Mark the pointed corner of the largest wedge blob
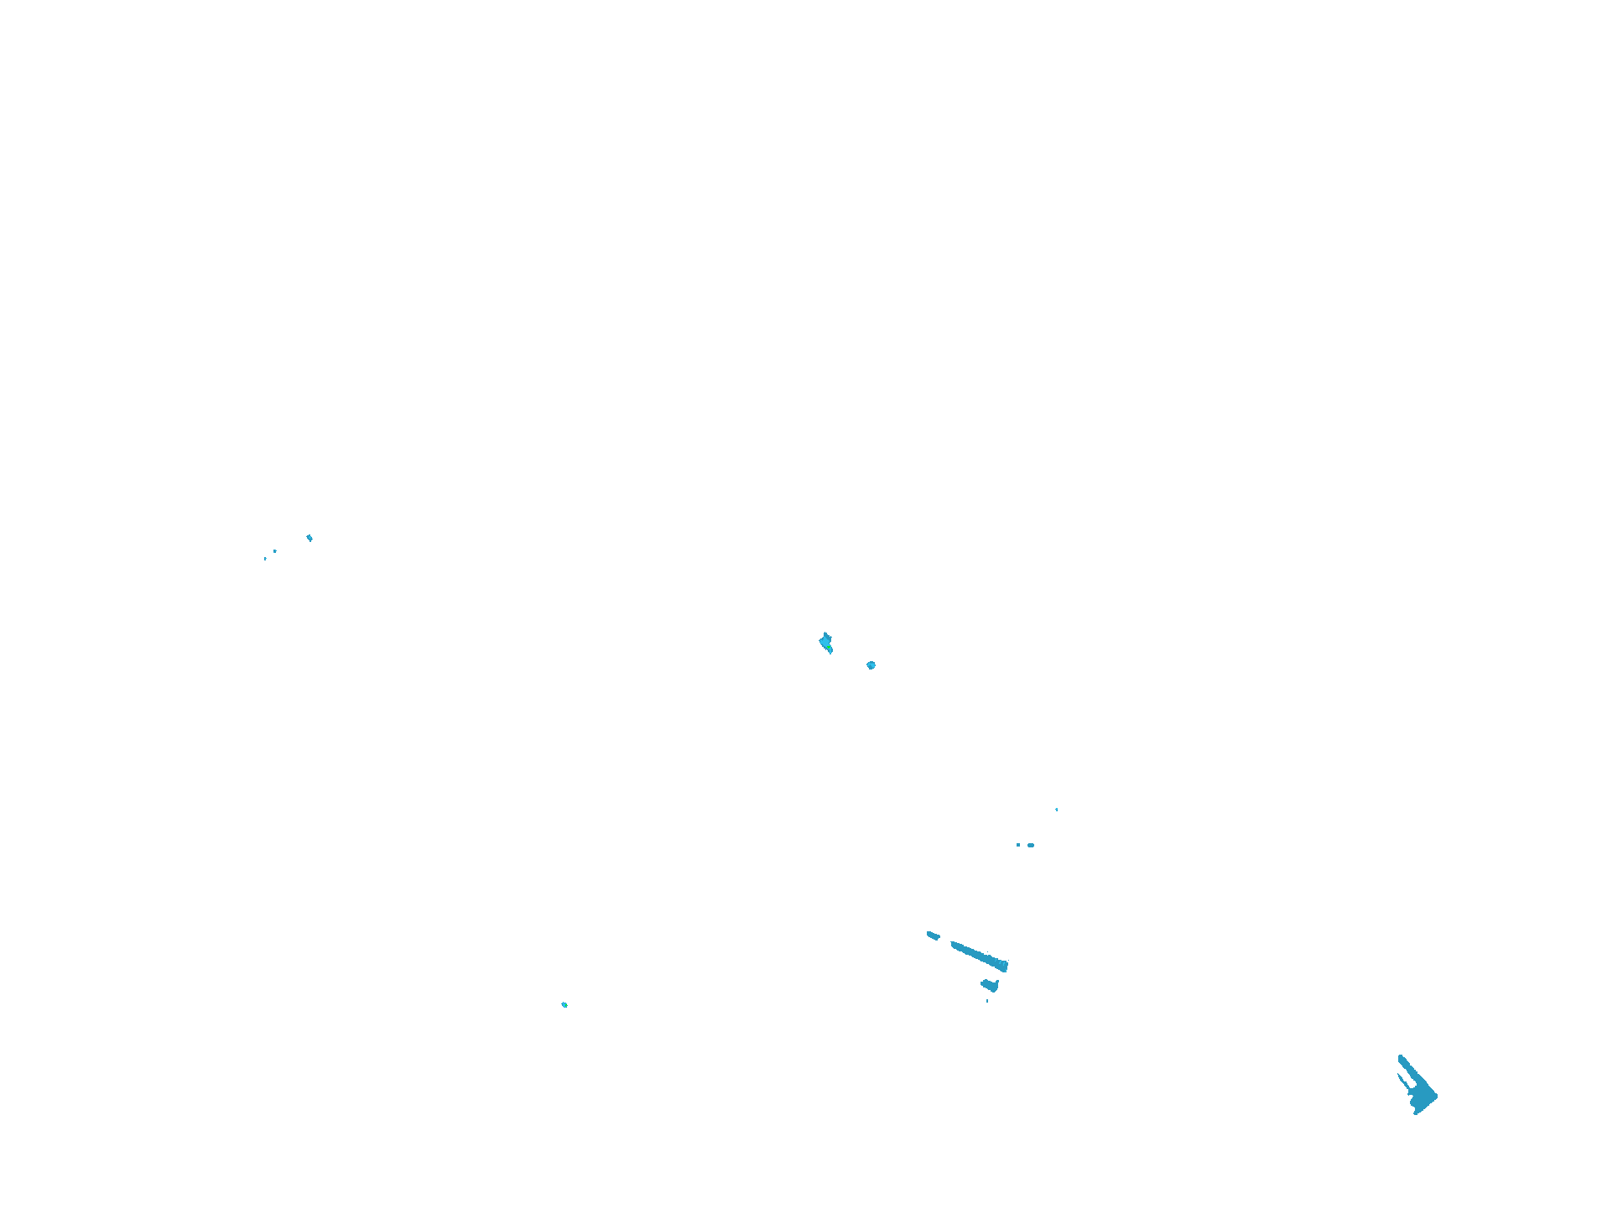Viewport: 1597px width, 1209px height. (x=1435, y=1096)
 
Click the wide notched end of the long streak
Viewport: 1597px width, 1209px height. (x=1002, y=966)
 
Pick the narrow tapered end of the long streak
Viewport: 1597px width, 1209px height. (x=955, y=946)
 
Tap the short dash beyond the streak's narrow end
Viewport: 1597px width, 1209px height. (x=933, y=935)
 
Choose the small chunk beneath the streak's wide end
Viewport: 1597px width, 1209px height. (x=991, y=985)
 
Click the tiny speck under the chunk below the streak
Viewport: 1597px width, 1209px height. (x=987, y=1001)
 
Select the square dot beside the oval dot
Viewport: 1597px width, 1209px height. (x=1018, y=845)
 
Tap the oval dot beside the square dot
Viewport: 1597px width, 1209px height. (x=1031, y=845)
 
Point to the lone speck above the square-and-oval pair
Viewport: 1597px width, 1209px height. (x=1057, y=810)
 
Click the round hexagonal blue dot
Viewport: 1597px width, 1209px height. (x=871, y=665)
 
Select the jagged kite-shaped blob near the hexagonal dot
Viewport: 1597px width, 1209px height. (x=826, y=643)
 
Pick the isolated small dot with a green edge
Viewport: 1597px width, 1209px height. (x=564, y=1004)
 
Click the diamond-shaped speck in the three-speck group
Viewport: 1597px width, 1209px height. (x=310, y=538)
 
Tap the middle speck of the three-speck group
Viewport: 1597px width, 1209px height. (x=274, y=551)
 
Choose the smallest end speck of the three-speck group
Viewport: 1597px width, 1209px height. (x=265, y=559)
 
